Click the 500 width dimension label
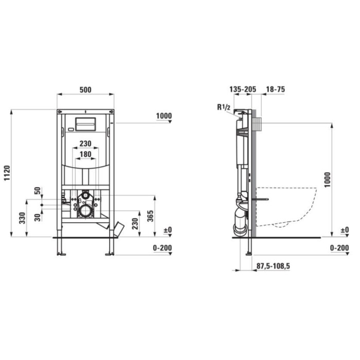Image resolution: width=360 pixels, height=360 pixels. (85, 90)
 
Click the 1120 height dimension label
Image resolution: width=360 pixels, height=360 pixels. (7, 173)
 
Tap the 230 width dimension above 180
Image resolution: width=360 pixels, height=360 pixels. (85, 143)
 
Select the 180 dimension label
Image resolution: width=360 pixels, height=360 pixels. (85, 154)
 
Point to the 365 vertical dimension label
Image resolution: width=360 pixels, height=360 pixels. (150, 216)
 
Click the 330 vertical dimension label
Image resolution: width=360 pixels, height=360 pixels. (22, 218)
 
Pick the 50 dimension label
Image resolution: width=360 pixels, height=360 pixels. (38, 191)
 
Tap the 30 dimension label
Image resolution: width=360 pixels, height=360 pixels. (38, 217)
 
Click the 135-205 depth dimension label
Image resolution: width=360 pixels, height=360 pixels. (243, 89)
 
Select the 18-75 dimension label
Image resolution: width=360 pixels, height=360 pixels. (276, 89)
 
